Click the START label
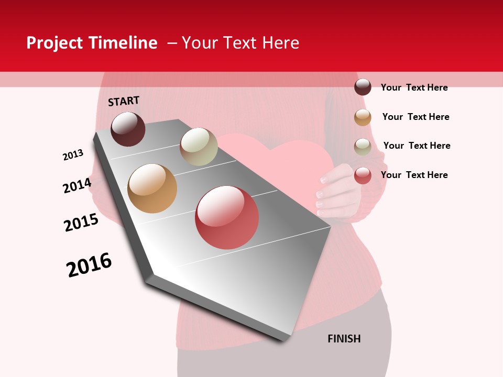click(x=124, y=101)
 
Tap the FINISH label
click(x=344, y=339)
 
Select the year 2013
click(x=73, y=155)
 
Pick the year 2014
click(x=77, y=185)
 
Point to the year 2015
click(x=81, y=223)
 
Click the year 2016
click(x=89, y=265)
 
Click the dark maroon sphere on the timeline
click(x=128, y=129)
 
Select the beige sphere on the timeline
click(x=199, y=147)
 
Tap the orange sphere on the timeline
click(x=152, y=188)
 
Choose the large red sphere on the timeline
click(x=227, y=217)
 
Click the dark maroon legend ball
click(x=363, y=87)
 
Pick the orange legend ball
click(x=363, y=117)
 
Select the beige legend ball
click(x=363, y=147)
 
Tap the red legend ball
click(x=363, y=175)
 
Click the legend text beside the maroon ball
click(x=414, y=87)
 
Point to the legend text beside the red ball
click(x=414, y=175)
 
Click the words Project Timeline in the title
click(x=92, y=43)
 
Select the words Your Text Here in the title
click(x=240, y=43)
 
